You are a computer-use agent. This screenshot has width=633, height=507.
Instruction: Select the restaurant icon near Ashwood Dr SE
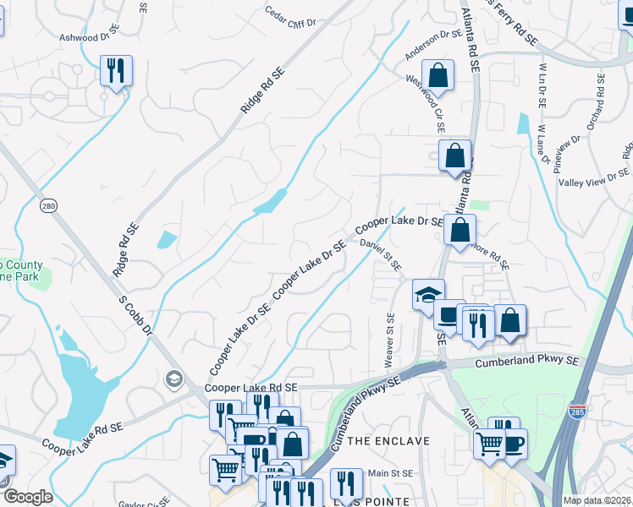coord(116,71)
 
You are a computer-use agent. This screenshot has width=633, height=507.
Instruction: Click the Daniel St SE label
coord(381,254)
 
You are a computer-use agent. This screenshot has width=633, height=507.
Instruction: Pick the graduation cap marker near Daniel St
coord(428,295)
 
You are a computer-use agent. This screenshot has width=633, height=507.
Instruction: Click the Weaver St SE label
coord(391,341)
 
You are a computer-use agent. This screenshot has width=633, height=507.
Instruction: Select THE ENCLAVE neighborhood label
coord(388,441)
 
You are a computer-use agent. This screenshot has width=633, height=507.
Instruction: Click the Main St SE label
coord(390,475)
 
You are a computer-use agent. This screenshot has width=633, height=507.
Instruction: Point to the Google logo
coord(28,497)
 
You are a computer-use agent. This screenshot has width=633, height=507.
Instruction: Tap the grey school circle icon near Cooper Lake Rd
coord(174,377)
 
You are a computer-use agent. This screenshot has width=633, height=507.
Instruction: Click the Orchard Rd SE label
coord(600,99)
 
